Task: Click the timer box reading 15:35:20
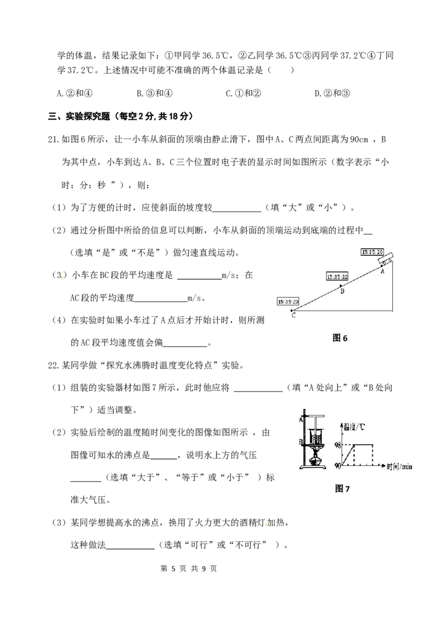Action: pyautogui.click(x=372, y=252)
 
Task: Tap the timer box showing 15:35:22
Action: pyautogui.click(x=338, y=276)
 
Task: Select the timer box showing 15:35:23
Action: pyautogui.click(x=288, y=302)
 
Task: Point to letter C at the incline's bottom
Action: pyautogui.click(x=293, y=316)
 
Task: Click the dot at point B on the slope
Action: pyautogui.click(x=340, y=286)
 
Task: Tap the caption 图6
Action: pyautogui.click(x=340, y=338)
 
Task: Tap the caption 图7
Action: pyautogui.click(x=342, y=489)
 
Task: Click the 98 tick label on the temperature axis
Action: pyautogui.click(x=338, y=445)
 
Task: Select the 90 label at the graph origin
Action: pyautogui.click(x=338, y=465)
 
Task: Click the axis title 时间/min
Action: pyautogui.click(x=399, y=466)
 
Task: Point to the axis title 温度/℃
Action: pyautogui.click(x=354, y=427)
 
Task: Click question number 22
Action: pyautogui.click(x=54, y=365)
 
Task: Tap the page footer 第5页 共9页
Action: pyautogui.click(x=188, y=569)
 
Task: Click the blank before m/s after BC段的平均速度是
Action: pyautogui.click(x=199, y=275)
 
